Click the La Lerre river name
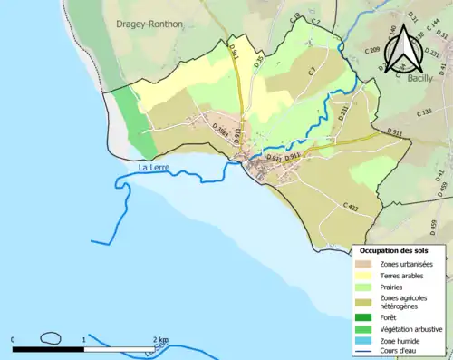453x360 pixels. (x=155, y=168)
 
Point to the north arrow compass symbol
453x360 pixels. (x=403, y=48)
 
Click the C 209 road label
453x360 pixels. (x=371, y=52)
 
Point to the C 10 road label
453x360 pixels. (x=295, y=17)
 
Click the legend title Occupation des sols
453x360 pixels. (x=400, y=250)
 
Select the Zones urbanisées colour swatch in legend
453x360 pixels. (x=365, y=264)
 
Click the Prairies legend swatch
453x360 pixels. (x=365, y=287)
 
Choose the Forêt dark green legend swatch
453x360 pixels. (x=365, y=317)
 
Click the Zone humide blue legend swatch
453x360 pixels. (x=365, y=341)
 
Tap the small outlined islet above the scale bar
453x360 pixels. (x=52, y=338)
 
